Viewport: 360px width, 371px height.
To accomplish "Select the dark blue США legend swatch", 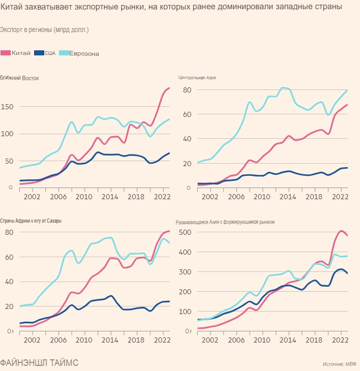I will tap(39, 53).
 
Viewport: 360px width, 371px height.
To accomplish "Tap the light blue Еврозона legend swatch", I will tap(64, 53).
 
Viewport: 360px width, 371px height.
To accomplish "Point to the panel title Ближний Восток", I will tap(19, 78).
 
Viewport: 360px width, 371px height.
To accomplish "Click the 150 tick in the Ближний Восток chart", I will tap(9, 107).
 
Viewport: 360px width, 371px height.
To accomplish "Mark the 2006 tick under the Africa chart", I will tap(58, 339).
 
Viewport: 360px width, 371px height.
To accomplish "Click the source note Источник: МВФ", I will tap(340, 364).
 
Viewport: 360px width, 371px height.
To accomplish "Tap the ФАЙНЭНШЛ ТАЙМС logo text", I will tap(40, 362).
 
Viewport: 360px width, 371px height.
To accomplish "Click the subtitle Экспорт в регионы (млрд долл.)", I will tap(45, 30).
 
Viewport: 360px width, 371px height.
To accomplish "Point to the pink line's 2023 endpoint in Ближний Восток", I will tap(169, 88).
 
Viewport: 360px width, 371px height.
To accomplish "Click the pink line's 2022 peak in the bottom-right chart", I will tap(341, 231).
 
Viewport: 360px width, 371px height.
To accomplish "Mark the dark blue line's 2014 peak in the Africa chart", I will tap(111, 296).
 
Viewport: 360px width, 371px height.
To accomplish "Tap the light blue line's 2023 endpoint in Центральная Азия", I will tap(347, 90).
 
